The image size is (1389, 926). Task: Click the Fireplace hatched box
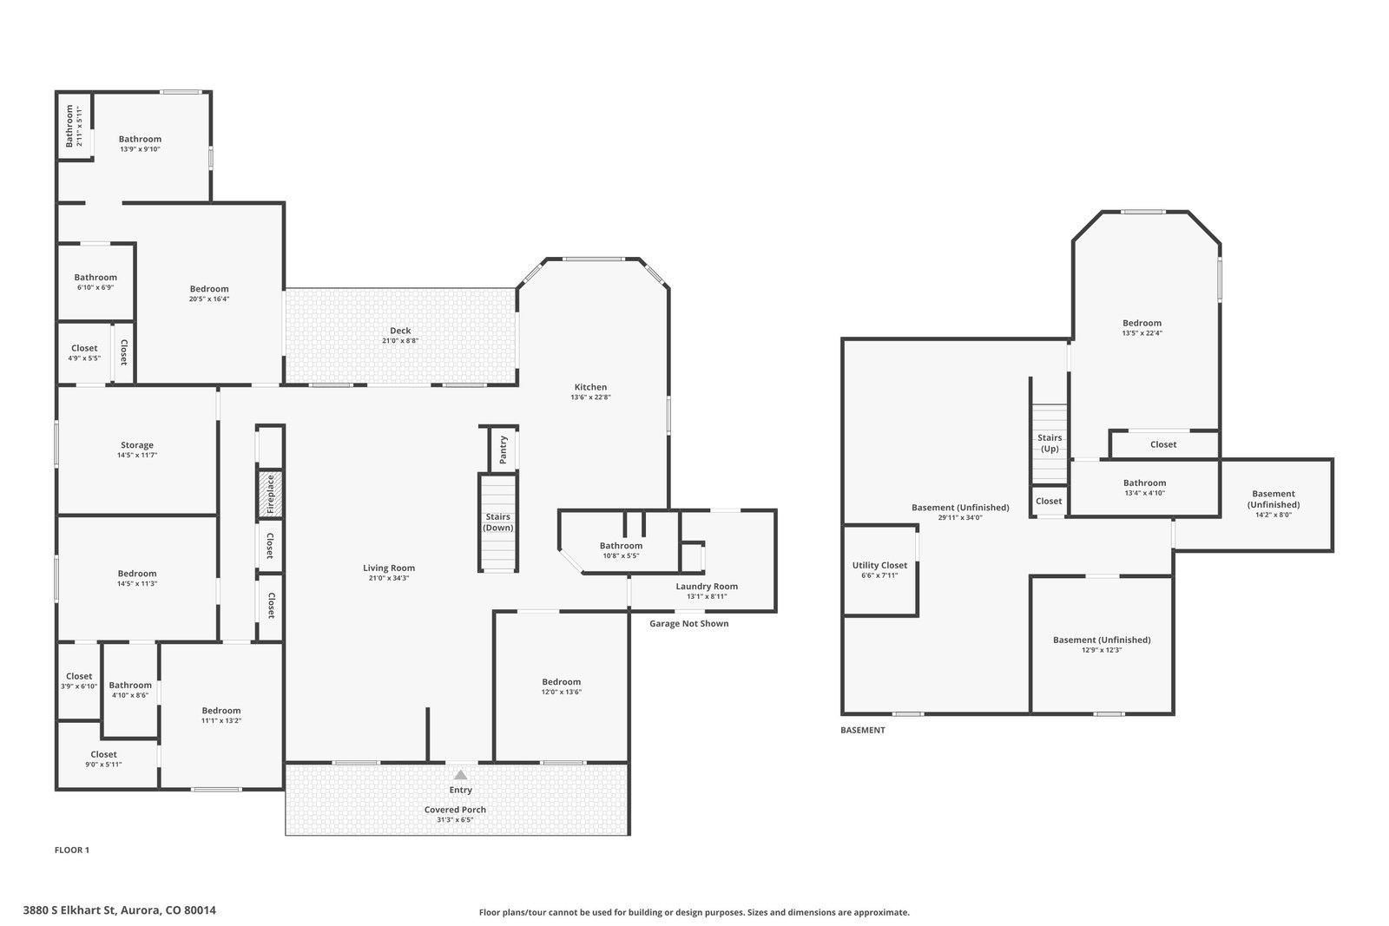point(270,494)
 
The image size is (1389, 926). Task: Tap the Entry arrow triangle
point(460,775)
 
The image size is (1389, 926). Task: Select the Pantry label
point(503,450)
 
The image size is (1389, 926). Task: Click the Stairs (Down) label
point(498,522)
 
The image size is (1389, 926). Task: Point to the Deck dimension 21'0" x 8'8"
point(400,341)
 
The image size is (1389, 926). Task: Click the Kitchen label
point(590,387)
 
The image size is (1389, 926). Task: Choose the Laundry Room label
point(707,587)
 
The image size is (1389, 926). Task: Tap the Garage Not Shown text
point(689,623)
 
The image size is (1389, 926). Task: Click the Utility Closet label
point(879,565)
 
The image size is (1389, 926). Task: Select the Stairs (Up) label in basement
point(1050,443)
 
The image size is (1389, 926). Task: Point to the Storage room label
point(137,445)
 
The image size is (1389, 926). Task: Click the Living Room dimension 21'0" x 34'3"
point(388,578)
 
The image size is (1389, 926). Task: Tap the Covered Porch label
point(455,810)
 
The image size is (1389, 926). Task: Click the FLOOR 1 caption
point(72,850)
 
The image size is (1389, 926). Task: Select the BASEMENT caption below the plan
point(863,730)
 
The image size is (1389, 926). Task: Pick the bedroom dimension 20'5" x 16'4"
point(209,299)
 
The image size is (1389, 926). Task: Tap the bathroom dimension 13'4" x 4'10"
point(1144,493)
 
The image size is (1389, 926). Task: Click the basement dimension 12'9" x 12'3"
point(1102,650)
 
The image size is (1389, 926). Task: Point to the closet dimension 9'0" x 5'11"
point(103,765)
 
